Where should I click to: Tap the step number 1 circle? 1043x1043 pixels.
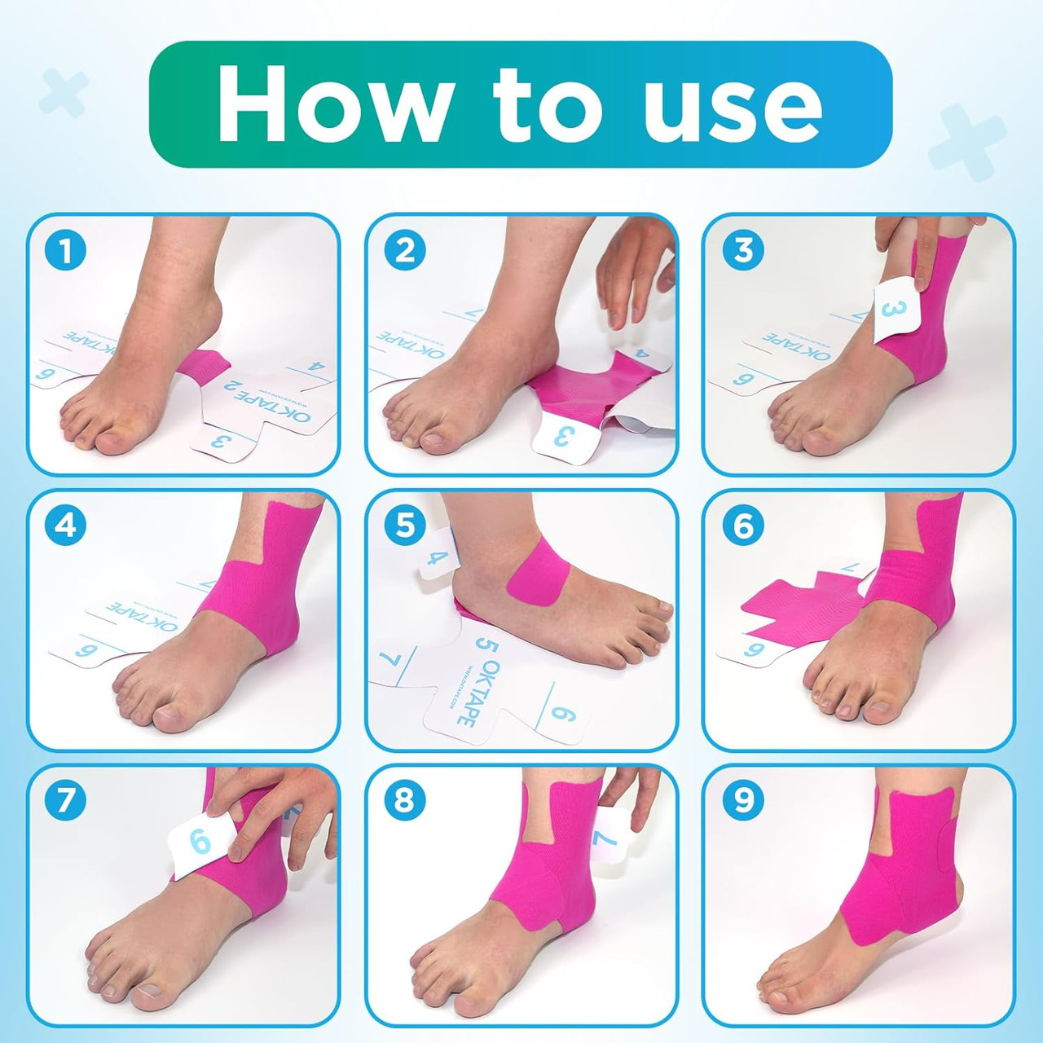click(65, 251)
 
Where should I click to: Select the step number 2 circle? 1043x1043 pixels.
click(404, 251)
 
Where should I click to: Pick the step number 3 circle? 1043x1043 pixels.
click(743, 250)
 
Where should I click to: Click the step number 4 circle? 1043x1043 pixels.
click(65, 526)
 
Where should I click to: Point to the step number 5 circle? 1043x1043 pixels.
click(404, 526)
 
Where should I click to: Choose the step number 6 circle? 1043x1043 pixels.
click(743, 526)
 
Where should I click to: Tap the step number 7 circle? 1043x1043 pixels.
click(65, 800)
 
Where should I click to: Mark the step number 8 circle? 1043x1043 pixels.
click(404, 800)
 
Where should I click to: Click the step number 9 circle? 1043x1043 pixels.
click(743, 800)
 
